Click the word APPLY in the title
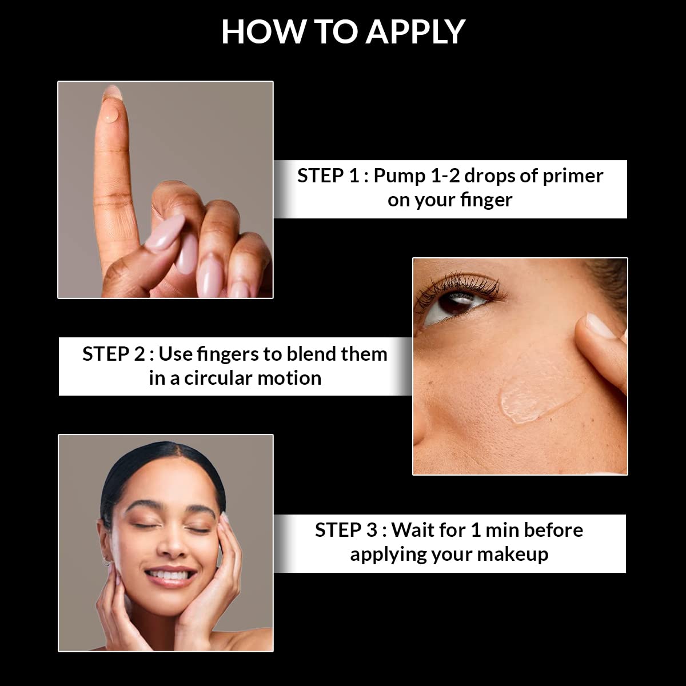[416, 32]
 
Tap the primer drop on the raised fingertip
[112, 116]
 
